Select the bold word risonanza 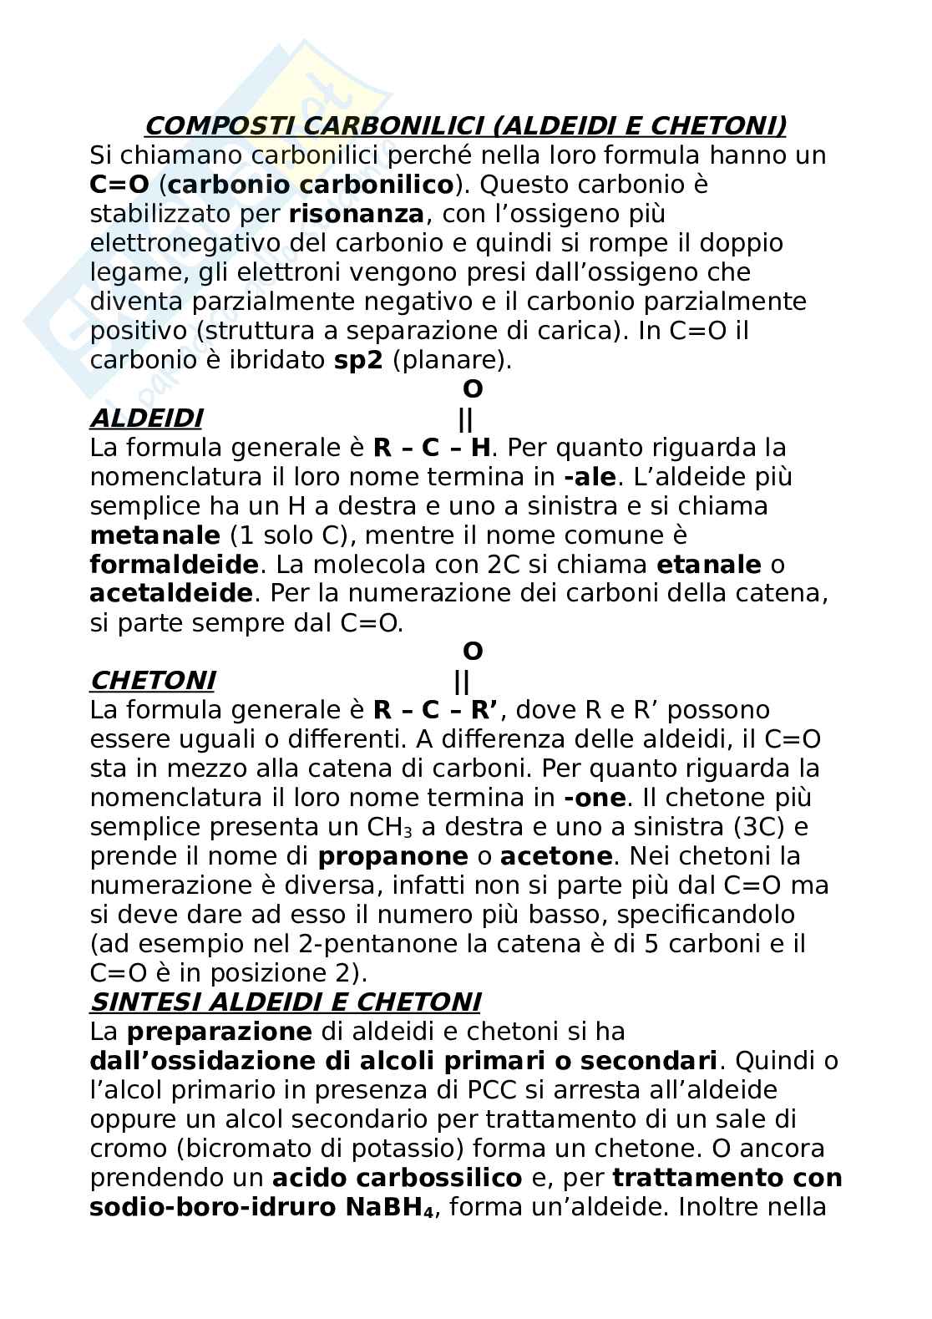(x=356, y=214)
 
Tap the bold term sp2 (x=352, y=360)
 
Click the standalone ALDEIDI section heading (x=145, y=418)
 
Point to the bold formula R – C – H (x=432, y=448)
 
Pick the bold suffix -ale (x=590, y=477)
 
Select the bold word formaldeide (x=174, y=565)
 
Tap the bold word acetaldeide (x=170, y=593)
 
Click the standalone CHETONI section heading (x=151, y=681)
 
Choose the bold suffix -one (x=595, y=798)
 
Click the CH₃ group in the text (x=389, y=827)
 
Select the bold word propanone (x=393, y=856)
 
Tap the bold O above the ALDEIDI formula (x=473, y=389)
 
